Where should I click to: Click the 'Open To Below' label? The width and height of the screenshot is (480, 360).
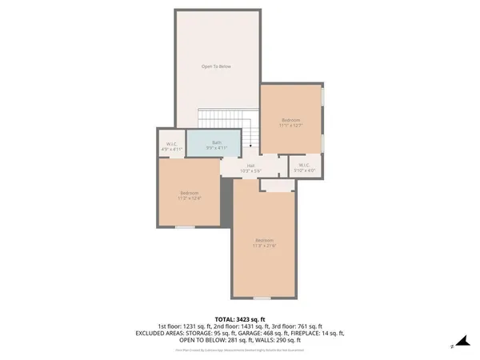coord(216,66)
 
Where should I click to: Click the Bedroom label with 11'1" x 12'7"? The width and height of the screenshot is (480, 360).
coord(290,122)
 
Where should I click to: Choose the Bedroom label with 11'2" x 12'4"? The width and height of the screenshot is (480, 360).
coord(190,195)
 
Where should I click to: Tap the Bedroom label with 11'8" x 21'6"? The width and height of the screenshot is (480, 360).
coord(264,243)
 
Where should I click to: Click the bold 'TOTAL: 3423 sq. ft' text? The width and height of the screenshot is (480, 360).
coord(240,318)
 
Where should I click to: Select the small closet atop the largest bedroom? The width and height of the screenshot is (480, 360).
coord(277,186)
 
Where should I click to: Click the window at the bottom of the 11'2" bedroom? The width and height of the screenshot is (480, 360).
coord(185,227)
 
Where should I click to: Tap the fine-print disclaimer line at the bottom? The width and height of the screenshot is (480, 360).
coord(240,350)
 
